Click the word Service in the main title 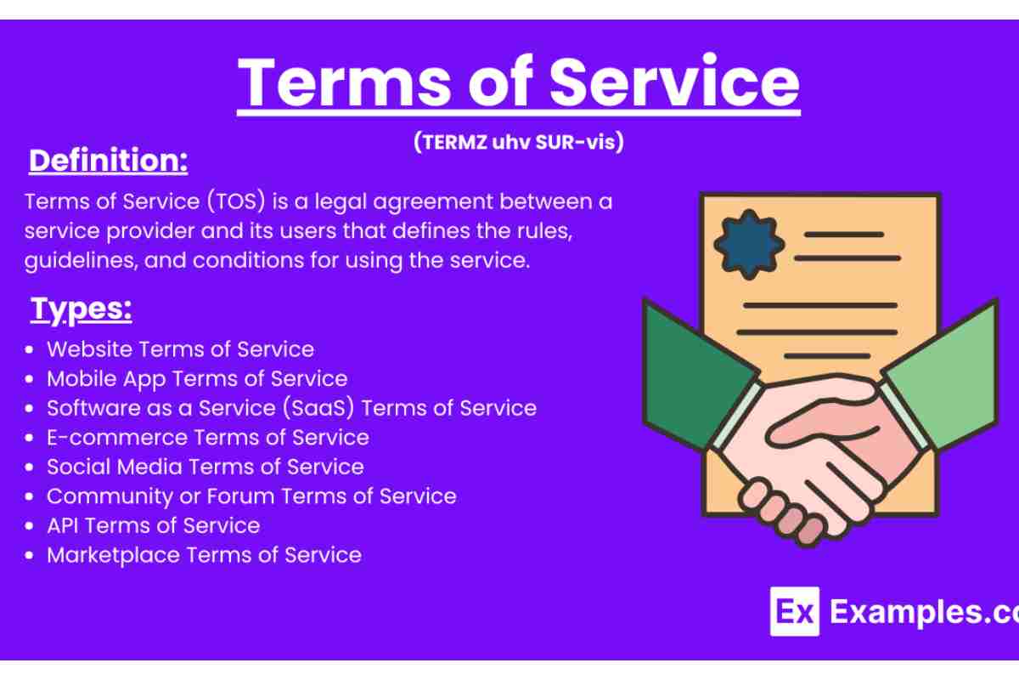point(674,82)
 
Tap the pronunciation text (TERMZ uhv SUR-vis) point(519,142)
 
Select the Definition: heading point(109,161)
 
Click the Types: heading point(82,309)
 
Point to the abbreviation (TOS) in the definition point(236,201)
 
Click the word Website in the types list point(90,349)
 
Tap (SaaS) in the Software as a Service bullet point(318,408)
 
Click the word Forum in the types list point(240,496)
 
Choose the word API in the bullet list point(63,525)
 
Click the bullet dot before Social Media point(30,467)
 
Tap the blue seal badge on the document point(749,245)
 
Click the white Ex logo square point(795,611)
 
